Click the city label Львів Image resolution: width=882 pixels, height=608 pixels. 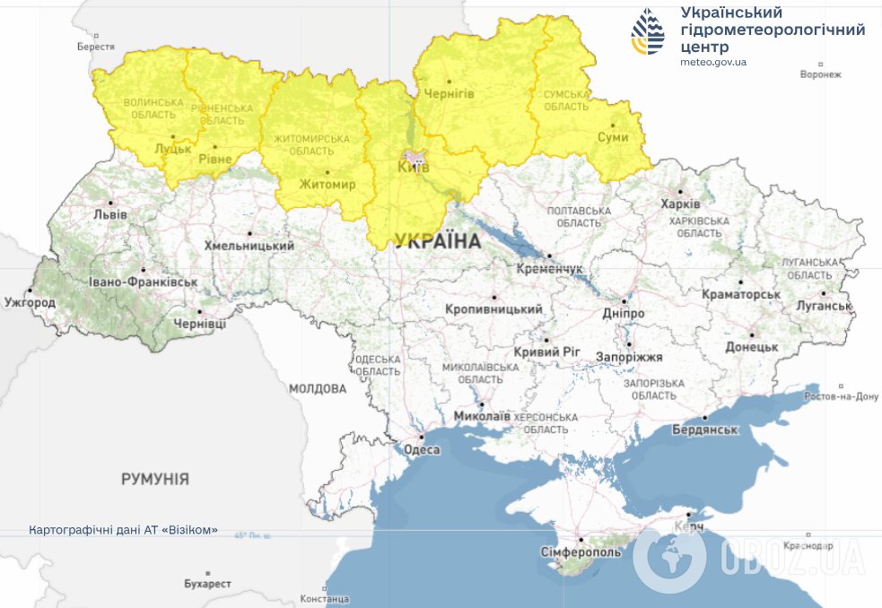coord(109,215)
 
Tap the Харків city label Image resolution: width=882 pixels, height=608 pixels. coord(680,204)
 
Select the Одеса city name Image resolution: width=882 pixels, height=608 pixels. coord(422,450)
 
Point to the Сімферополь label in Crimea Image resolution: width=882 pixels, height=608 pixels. coord(581,552)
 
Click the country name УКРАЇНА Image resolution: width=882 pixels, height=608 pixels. coord(437,242)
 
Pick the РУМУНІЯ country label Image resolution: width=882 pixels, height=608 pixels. coord(155,480)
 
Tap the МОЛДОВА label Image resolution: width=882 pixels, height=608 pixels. coord(318,389)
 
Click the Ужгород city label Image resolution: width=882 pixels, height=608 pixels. coord(29,303)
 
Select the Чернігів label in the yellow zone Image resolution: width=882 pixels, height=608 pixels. coord(449,93)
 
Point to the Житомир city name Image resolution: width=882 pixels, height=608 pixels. coord(327,185)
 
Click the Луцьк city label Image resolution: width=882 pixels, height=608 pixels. coord(172,149)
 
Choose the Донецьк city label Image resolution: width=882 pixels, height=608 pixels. coord(751,346)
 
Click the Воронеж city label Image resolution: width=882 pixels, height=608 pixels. coord(820,74)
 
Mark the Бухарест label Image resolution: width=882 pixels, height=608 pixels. coord(207,584)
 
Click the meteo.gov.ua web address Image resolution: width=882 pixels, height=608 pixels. coord(713,62)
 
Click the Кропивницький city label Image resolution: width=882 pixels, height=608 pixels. coord(493,309)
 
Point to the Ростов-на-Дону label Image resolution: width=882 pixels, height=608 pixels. coord(842,396)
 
